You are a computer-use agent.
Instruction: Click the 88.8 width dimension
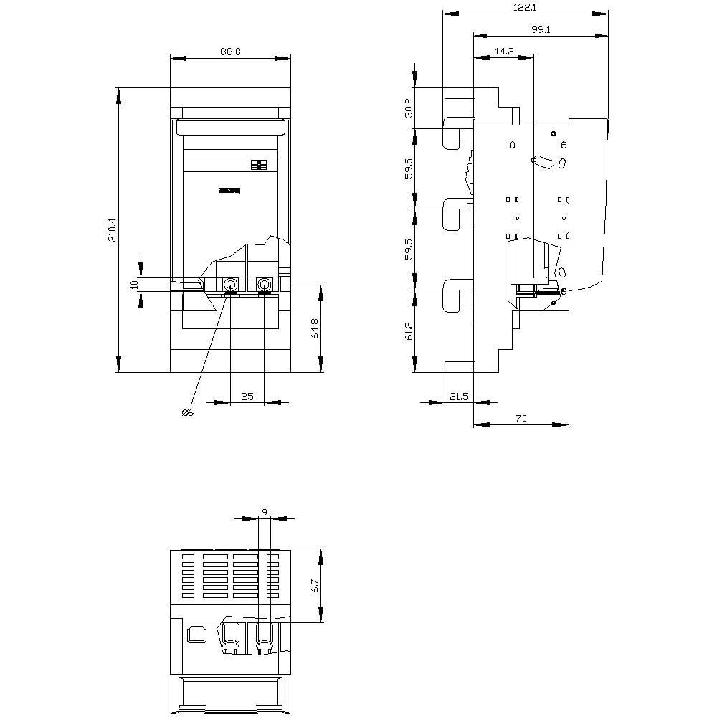(230, 51)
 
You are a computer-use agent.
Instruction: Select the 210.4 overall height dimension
(112, 229)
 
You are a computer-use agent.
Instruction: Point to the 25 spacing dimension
(247, 396)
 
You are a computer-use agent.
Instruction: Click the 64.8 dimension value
(313, 330)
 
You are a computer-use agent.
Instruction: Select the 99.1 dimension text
(541, 29)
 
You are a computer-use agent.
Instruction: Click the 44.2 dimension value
(504, 51)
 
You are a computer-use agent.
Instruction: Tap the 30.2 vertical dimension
(409, 108)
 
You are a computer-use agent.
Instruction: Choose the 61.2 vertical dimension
(409, 331)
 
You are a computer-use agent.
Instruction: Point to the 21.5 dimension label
(459, 396)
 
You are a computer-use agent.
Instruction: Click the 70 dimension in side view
(521, 419)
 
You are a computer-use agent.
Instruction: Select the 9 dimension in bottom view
(264, 512)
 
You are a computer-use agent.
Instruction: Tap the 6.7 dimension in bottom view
(314, 587)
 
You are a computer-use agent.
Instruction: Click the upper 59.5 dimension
(409, 168)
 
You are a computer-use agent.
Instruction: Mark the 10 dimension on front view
(133, 285)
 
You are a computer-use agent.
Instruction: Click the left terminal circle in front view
(230, 285)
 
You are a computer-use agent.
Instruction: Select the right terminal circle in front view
(265, 285)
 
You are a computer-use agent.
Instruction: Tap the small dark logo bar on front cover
(229, 190)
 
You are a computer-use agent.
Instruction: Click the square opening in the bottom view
(194, 634)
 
